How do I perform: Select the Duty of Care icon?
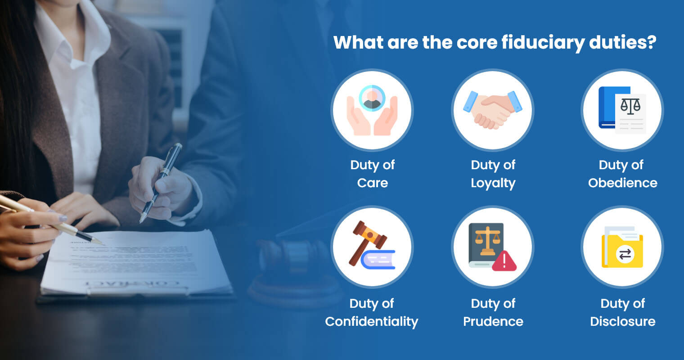[x=372, y=110]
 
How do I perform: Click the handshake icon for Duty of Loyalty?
[x=493, y=110]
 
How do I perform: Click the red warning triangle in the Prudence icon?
[x=504, y=261]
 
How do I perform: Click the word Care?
[x=372, y=183]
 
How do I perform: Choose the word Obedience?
[x=622, y=183]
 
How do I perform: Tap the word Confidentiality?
[x=372, y=322]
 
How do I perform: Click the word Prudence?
[x=493, y=322]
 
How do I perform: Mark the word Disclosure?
[x=622, y=322]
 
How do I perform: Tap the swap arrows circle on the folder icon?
[x=625, y=255]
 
